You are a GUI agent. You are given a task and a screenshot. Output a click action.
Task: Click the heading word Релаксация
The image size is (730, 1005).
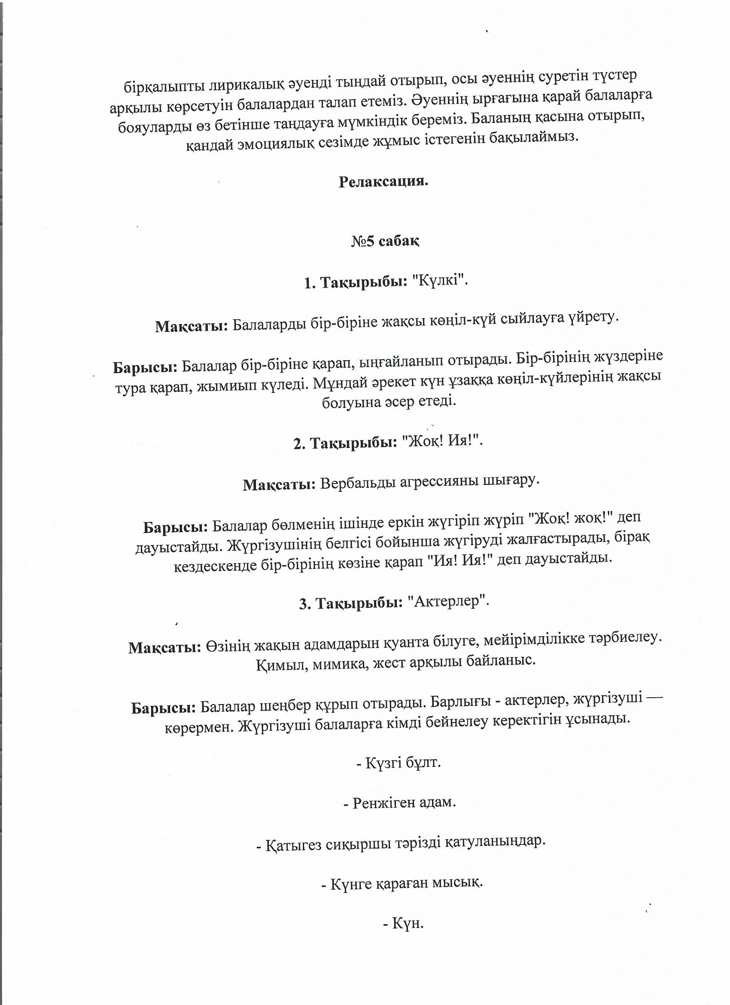tap(383, 182)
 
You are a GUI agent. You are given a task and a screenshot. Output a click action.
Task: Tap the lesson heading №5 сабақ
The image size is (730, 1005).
tap(385, 242)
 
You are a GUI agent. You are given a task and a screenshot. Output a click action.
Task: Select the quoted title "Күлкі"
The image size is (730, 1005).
tap(440, 282)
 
